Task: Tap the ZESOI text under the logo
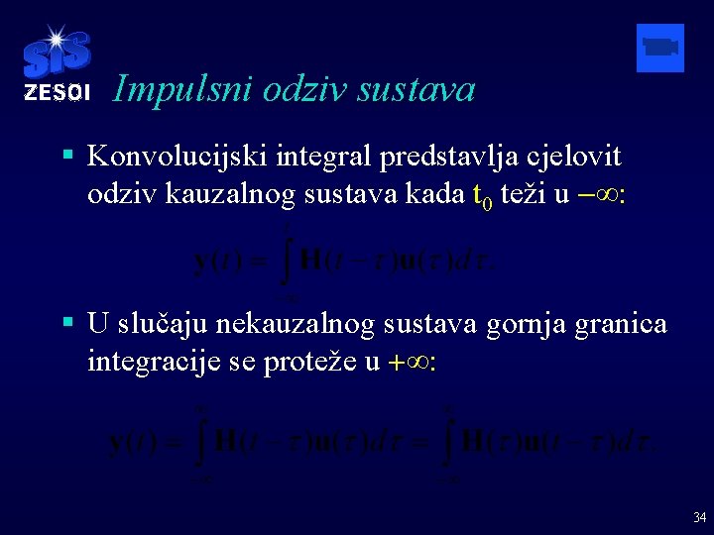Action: tap(56, 93)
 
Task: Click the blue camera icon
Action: tap(659, 48)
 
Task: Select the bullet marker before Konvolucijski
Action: tap(67, 156)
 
